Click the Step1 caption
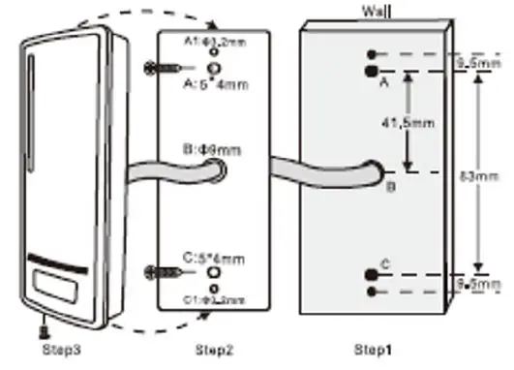click(369, 349)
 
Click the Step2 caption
click(212, 349)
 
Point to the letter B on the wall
click(390, 187)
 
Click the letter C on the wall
click(385, 262)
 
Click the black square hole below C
click(370, 275)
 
